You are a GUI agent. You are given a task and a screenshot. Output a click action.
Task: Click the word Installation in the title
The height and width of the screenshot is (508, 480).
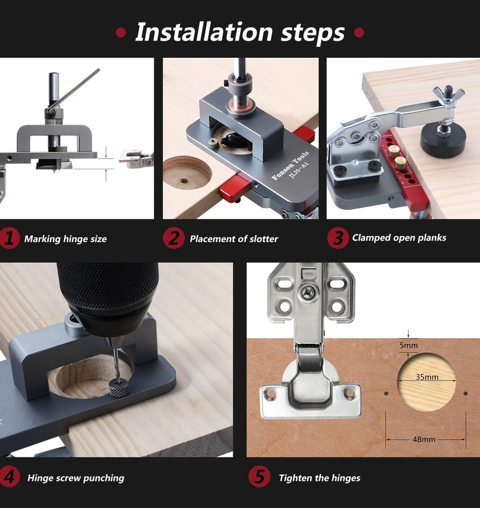point(204,32)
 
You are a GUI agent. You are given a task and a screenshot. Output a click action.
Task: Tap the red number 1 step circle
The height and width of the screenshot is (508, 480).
point(9,238)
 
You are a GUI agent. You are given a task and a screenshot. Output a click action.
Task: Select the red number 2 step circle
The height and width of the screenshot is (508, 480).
point(174,238)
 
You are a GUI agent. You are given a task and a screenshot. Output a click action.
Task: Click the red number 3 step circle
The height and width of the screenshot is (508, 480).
point(338,238)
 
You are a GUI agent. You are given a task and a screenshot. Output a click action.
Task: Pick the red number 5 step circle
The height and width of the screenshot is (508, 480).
point(260,477)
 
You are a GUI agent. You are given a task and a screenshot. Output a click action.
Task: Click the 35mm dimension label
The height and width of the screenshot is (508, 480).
point(427,377)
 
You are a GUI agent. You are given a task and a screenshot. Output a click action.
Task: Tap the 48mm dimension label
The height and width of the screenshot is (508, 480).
point(424,440)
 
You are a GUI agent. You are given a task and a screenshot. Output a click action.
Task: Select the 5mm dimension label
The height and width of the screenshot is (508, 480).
point(409,345)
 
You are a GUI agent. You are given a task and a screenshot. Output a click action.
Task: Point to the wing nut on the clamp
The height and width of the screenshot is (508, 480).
point(449,94)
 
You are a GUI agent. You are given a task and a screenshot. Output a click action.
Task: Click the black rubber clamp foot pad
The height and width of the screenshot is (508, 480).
point(443,140)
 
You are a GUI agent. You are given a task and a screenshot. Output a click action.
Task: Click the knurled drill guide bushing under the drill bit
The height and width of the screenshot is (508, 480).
point(118,388)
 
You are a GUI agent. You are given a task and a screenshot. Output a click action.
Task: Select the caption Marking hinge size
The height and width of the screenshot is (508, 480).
point(65,239)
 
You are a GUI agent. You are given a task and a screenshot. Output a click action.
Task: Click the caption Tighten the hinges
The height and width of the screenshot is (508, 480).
point(319,478)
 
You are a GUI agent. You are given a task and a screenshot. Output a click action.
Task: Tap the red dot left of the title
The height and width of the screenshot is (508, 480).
point(121,33)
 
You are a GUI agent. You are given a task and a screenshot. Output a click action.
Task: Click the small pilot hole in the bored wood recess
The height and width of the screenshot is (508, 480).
point(184,181)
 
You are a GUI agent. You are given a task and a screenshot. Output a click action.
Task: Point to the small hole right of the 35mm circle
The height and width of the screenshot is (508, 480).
point(465,393)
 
